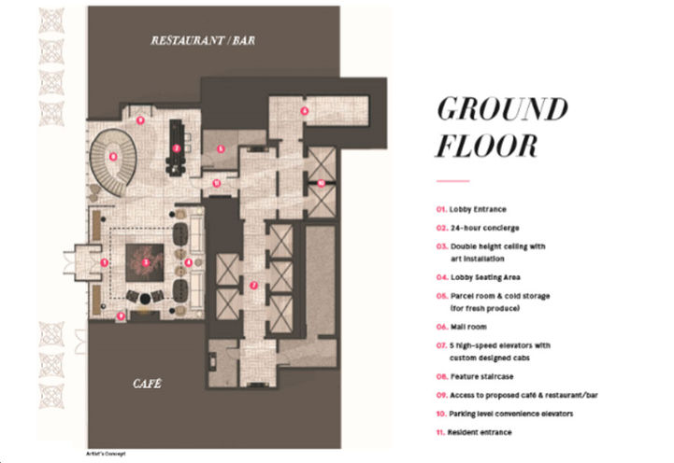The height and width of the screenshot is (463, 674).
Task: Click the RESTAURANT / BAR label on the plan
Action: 205,42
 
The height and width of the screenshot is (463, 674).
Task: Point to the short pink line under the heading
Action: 452,180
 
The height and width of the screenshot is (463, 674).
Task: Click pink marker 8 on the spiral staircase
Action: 112,157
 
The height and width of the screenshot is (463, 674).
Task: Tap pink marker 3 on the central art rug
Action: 146,262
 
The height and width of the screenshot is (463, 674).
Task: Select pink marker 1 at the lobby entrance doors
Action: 105,263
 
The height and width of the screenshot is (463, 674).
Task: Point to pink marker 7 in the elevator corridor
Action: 253,285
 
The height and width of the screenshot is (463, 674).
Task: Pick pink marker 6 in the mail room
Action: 304,111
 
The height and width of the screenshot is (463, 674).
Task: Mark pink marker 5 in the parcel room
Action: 220,148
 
